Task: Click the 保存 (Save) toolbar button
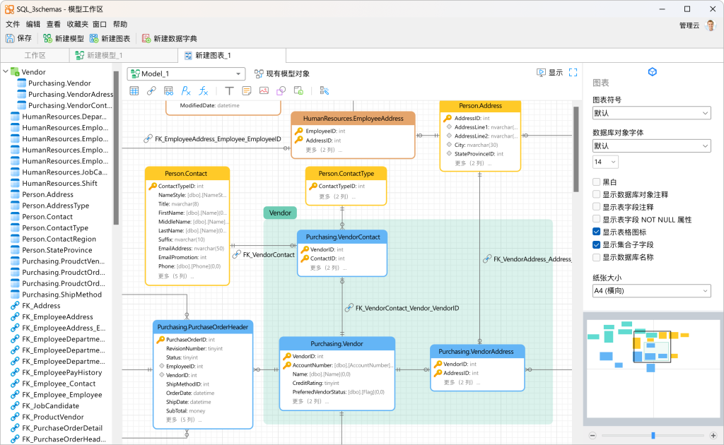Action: (19, 38)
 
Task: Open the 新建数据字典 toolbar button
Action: (170, 38)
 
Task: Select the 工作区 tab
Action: (35, 55)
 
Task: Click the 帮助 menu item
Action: (120, 24)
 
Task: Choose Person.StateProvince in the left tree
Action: (57, 250)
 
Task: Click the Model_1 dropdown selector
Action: (186, 73)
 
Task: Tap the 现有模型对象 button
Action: (282, 73)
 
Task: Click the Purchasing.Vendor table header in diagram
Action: (337, 344)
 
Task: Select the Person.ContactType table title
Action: (346, 174)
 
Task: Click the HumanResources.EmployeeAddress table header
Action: (353, 119)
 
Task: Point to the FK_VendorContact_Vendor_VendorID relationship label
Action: (407, 308)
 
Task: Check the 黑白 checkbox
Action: (597, 182)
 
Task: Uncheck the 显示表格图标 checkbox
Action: (597, 232)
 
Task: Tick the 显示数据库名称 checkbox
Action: (597, 258)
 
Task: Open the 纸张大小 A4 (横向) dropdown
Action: (651, 291)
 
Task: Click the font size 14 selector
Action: (605, 162)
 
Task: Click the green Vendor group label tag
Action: (280, 213)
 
